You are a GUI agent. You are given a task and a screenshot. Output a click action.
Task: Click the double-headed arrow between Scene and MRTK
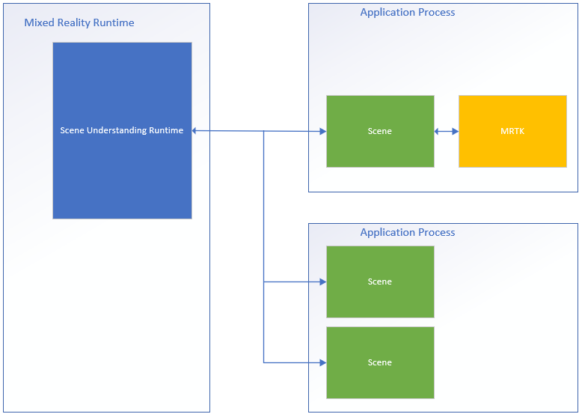(x=447, y=132)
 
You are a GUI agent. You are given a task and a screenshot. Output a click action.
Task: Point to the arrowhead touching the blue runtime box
(x=196, y=131)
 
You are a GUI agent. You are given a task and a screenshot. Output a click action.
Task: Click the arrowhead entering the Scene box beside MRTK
(x=322, y=132)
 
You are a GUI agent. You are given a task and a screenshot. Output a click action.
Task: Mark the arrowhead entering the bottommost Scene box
(x=322, y=363)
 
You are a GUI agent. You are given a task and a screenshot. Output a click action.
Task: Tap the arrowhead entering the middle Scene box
(x=322, y=282)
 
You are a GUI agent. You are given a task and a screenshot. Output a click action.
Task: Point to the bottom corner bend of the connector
(x=264, y=363)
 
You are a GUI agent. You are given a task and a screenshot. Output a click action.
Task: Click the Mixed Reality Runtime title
(x=79, y=22)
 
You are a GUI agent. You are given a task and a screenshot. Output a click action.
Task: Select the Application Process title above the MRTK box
(x=408, y=12)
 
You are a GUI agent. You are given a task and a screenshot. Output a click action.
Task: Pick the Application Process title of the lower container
(x=408, y=232)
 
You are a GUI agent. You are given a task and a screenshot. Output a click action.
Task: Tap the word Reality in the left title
(x=73, y=22)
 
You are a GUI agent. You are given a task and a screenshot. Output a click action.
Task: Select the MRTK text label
(x=512, y=131)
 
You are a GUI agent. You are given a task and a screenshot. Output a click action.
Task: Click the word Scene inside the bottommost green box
(x=380, y=362)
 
